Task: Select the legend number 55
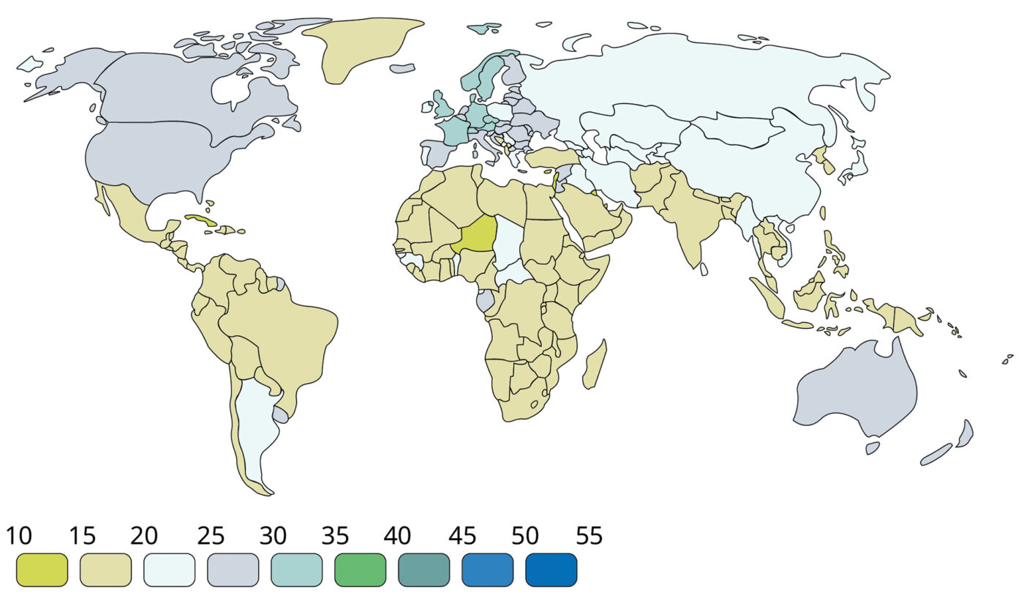(589, 537)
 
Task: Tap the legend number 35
(335, 537)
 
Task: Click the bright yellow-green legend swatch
(42, 570)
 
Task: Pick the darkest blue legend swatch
(551, 570)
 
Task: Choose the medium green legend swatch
(360, 570)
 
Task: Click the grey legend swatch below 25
(233, 570)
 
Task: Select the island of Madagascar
(595, 365)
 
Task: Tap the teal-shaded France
(453, 130)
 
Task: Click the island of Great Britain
(443, 105)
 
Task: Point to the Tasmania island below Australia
(872, 447)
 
